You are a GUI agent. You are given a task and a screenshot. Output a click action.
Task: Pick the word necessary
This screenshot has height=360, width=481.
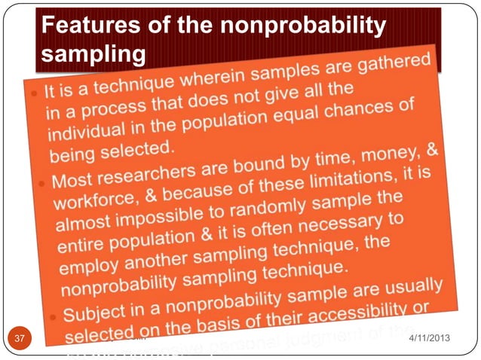click(x=352, y=224)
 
